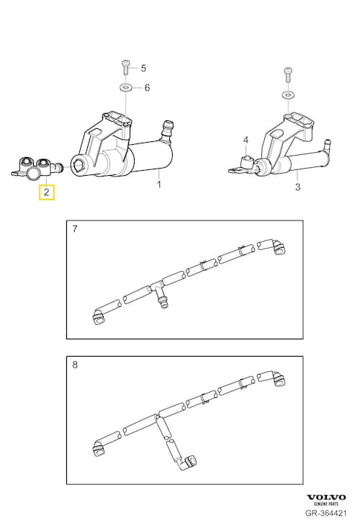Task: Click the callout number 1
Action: point(159,184)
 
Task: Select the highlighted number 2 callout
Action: point(47,192)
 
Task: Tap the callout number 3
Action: point(297,187)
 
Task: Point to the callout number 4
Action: point(246,140)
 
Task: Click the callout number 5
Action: point(143,68)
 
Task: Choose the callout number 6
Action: point(147,88)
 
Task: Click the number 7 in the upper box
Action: point(75,229)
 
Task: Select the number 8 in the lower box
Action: point(75,365)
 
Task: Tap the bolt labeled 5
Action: point(125,68)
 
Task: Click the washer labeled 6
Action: point(125,88)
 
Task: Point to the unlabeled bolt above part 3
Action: point(288,74)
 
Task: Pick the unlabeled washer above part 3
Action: point(288,95)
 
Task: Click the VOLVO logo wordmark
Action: point(326,497)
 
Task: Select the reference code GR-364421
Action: point(326,513)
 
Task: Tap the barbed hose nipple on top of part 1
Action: point(166,131)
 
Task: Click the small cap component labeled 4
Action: point(248,162)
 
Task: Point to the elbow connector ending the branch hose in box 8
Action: point(188,462)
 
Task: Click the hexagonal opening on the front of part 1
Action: point(80,165)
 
